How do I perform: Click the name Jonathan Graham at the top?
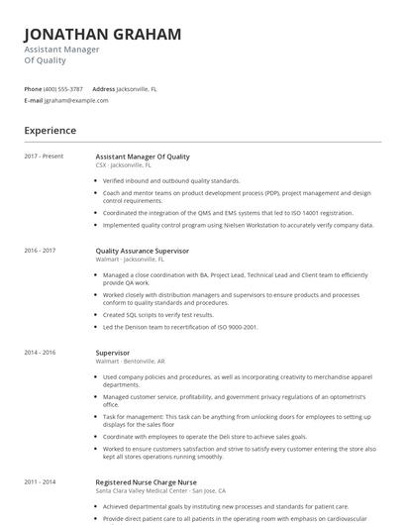click(x=102, y=35)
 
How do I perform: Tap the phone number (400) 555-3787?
click(x=63, y=89)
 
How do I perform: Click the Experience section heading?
click(x=51, y=130)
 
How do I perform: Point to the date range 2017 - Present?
click(x=44, y=157)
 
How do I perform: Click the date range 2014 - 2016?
click(x=40, y=352)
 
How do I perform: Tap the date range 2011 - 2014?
click(x=40, y=481)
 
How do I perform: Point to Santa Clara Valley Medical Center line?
click(x=160, y=490)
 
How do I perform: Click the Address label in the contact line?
click(x=103, y=89)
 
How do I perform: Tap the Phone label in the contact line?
click(x=33, y=89)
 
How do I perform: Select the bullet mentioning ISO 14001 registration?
click(x=228, y=212)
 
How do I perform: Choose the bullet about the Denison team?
click(x=180, y=327)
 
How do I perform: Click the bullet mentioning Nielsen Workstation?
click(x=238, y=225)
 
